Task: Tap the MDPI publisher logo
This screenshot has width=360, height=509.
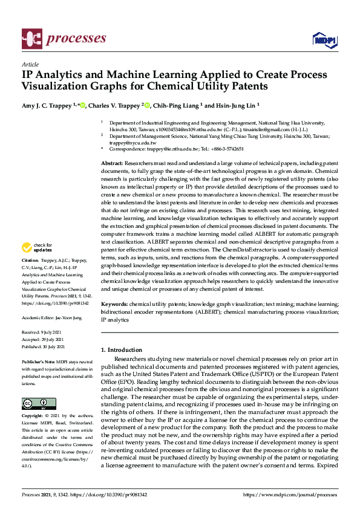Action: click(324, 40)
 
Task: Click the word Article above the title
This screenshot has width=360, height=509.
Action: click(30, 64)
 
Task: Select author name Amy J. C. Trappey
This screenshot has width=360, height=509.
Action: click(48, 105)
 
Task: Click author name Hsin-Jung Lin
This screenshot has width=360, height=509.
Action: click(238, 105)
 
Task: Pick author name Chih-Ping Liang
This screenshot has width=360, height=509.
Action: click(178, 105)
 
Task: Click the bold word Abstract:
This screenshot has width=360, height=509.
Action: click(113, 164)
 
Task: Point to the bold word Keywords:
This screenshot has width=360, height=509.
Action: click(115, 304)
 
